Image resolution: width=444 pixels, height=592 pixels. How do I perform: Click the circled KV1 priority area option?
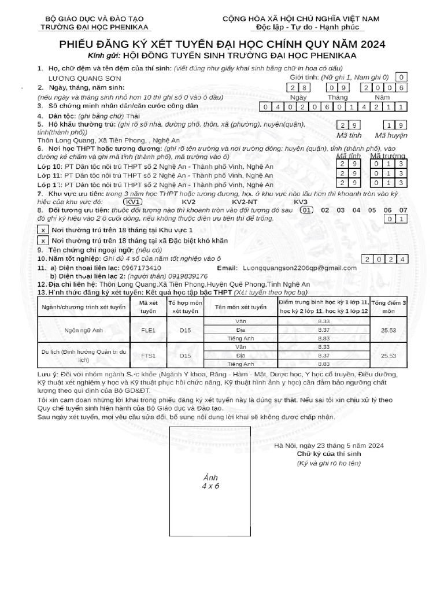tap(134, 202)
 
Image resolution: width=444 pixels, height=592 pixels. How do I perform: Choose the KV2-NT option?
tap(245, 202)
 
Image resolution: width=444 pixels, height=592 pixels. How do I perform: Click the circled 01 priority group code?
tap(308, 210)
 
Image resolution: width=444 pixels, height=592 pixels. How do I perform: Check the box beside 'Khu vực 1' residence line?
tap(44, 230)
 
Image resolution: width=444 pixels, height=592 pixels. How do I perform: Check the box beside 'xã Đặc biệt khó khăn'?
tap(44, 240)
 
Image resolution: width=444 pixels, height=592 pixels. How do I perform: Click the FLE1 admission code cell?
tap(149, 330)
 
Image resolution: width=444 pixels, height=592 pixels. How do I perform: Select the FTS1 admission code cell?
tap(149, 356)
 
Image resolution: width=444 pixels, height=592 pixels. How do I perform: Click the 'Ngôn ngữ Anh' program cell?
tap(83, 330)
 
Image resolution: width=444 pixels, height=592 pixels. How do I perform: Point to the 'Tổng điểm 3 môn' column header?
tap(389, 306)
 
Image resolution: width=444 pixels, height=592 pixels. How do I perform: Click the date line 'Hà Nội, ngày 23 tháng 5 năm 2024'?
tap(329, 446)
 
